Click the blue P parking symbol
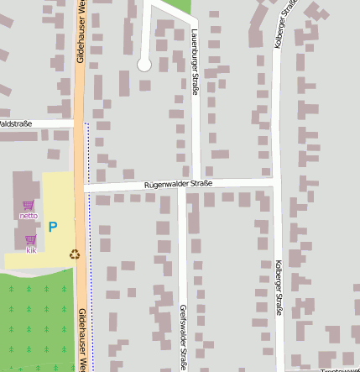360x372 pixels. click(52, 227)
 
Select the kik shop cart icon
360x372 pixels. click(31, 240)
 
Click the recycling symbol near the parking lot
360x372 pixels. click(75, 254)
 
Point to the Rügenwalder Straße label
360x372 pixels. click(178, 183)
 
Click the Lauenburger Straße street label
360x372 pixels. click(194, 61)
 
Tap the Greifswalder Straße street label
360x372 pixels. click(182, 337)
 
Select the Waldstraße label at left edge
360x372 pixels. click(15, 123)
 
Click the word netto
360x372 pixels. click(29, 216)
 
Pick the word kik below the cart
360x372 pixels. click(31, 250)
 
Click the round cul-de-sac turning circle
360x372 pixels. click(143, 64)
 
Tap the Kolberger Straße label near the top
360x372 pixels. click(284, 24)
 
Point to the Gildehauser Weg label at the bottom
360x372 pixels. click(82, 340)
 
